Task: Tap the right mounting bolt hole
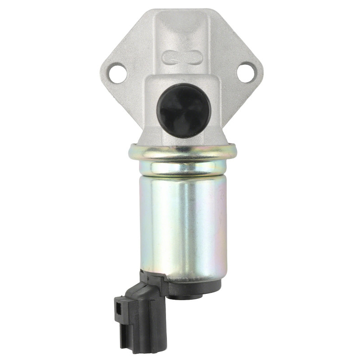246,72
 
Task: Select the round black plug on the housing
184,111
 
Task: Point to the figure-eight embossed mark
183,57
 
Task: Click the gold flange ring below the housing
182,152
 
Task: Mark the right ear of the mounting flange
252,72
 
